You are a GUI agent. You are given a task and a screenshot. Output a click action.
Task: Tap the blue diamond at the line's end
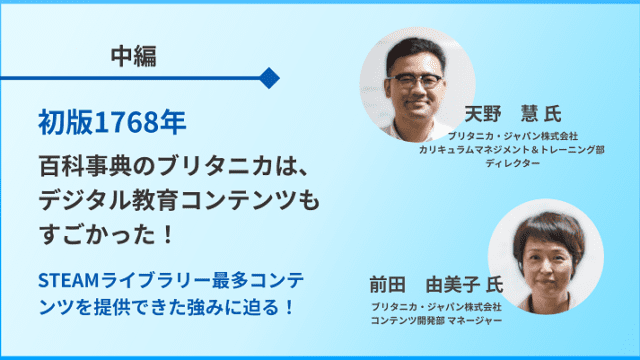pyautogui.click(x=268, y=77)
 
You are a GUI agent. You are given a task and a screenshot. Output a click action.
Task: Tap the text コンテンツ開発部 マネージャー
pyautogui.click(x=436, y=320)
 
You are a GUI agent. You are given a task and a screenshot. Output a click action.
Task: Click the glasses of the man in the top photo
pyautogui.click(x=412, y=82)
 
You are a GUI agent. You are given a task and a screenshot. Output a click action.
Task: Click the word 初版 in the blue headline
pyautogui.click(x=57, y=123)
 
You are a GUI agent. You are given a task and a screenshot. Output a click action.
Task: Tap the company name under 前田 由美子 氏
pyautogui.click(x=436, y=306)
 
